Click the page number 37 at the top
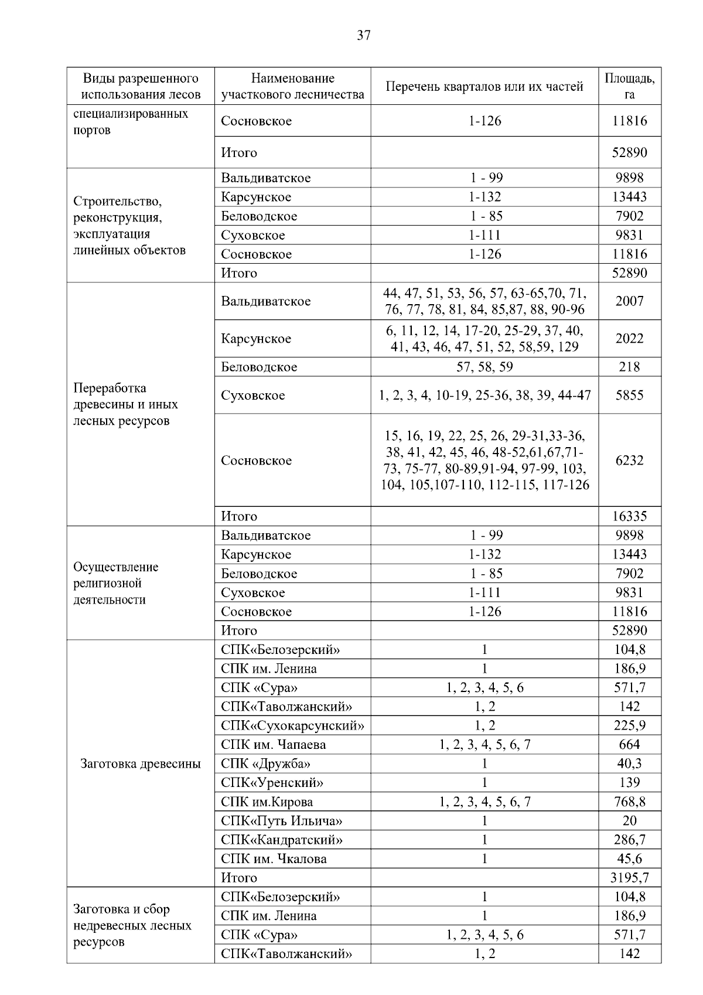[x=363, y=36]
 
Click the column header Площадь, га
[x=629, y=86]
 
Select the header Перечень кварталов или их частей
[x=484, y=87]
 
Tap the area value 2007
[x=629, y=301]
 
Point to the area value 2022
[x=629, y=339]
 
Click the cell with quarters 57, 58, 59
[x=484, y=367]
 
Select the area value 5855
[x=629, y=395]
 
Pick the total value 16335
[x=629, y=516]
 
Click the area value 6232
[x=629, y=461]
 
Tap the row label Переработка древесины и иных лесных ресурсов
[x=125, y=404]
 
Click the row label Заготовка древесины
[x=140, y=764]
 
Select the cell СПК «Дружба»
[x=265, y=764]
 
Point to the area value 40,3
[x=629, y=764]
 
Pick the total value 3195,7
[x=629, y=878]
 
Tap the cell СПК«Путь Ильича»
[x=281, y=821]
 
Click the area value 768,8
[x=629, y=802]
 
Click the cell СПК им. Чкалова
[x=274, y=859]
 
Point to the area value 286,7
[x=629, y=840]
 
